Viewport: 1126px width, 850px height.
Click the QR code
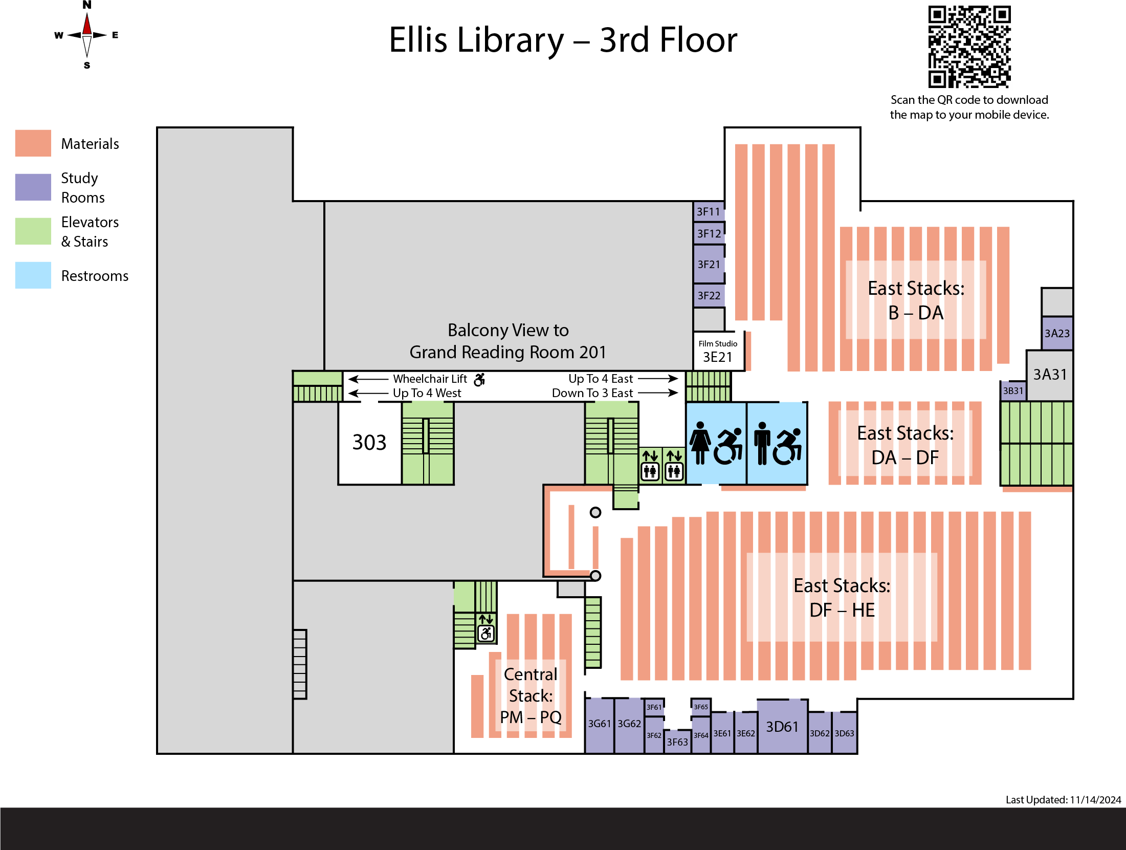(969, 47)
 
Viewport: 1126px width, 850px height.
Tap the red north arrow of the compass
(87, 25)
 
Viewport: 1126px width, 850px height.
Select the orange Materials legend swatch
(33, 143)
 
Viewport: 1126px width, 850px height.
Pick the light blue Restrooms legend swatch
(33, 275)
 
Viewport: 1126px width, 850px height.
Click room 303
(369, 443)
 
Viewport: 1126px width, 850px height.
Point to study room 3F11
(709, 211)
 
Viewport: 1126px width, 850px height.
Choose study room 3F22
(709, 296)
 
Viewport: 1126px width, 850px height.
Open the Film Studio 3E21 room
(718, 352)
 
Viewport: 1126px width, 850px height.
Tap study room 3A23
(1057, 333)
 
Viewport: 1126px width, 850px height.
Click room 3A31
(1050, 375)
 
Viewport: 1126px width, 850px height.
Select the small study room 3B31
(1013, 391)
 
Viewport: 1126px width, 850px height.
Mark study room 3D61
(782, 727)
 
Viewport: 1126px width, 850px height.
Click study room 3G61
(599, 724)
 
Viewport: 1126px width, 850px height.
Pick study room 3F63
(677, 742)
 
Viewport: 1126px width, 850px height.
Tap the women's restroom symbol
(700, 443)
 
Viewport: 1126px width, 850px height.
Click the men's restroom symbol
(762, 443)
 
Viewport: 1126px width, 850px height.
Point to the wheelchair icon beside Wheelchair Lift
(479, 379)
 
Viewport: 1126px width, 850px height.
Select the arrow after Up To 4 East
(658, 379)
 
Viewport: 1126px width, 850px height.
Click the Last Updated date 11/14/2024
(1095, 800)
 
